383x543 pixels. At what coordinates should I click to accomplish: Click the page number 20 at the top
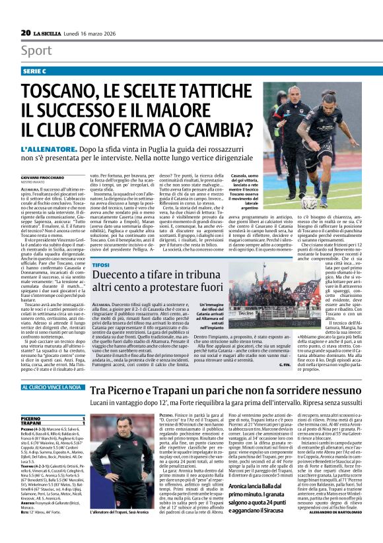(x=26, y=32)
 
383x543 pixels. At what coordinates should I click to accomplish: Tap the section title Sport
(x=36, y=50)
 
